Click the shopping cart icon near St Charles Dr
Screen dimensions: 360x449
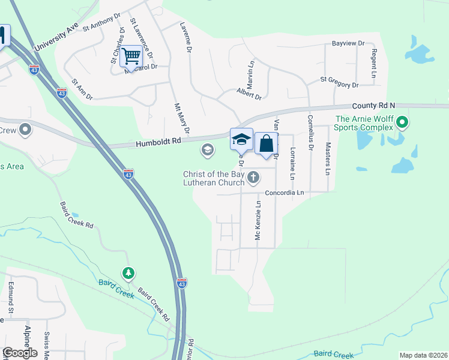(x=131, y=56)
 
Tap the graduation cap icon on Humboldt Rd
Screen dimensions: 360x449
(x=241, y=139)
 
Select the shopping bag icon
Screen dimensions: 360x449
(x=266, y=143)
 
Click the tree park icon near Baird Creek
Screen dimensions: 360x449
(x=128, y=274)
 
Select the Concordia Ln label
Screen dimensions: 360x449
(x=285, y=193)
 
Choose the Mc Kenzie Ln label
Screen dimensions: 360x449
(x=259, y=220)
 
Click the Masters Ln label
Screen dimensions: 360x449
(x=328, y=158)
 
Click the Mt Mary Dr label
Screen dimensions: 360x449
(x=182, y=118)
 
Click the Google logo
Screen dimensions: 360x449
(x=19, y=353)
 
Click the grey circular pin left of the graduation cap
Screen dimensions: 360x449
(x=208, y=150)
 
